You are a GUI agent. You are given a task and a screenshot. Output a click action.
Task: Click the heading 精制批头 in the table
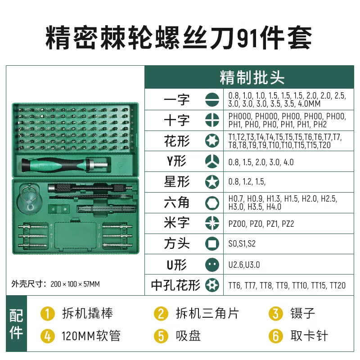pos(252,77)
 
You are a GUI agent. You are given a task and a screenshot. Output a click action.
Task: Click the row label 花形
pos(177,141)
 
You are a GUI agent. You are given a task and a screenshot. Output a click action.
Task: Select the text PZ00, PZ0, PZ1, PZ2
pos(261,224)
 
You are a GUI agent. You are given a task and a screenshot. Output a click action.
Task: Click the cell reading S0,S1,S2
pos(242,244)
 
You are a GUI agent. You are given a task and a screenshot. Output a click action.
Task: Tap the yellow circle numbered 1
pos(47,314)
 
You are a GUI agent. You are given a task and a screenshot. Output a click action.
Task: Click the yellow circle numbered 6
pos(275,336)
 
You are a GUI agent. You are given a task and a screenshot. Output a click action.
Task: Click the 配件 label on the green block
pos(16,324)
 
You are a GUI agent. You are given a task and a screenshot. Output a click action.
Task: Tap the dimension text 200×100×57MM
pos(75,284)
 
